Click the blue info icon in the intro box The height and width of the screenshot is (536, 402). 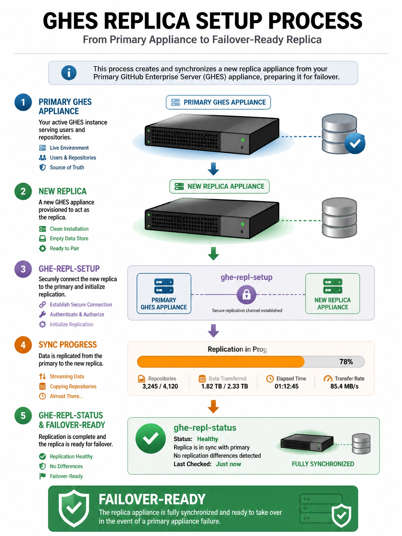click(x=69, y=72)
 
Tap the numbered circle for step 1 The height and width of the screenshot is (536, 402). click(x=23, y=102)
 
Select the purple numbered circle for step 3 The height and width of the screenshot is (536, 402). click(x=23, y=269)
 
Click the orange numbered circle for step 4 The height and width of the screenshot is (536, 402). click(x=23, y=345)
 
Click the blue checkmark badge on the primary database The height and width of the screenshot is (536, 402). click(x=355, y=143)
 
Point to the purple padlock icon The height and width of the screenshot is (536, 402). click(x=246, y=294)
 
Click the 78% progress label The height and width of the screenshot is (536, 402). click(x=346, y=362)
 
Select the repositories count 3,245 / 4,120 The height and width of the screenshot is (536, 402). click(x=160, y=386)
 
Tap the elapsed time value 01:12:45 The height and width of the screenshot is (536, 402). click(x=287, y=386)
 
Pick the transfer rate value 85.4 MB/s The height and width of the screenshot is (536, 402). click(x=344, y=386)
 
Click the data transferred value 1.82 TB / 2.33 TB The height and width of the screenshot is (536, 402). click(x=225, y=386)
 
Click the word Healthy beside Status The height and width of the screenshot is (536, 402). click(x=208, y=439)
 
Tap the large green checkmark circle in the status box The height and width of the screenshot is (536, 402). click(x=150, y=438)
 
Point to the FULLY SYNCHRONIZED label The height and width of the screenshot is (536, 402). click(x=323, y=464)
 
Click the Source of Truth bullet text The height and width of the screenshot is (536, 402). click(x=67, y=167)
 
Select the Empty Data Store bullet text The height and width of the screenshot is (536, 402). click(x=69, y=238)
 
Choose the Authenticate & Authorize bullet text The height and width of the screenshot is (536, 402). click(x=77, y=314)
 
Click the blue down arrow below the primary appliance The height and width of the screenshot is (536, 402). click(x=213, y=169)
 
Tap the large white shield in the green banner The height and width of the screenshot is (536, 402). click(x=74, y=508)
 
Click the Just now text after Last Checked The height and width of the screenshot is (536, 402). click(x=228, y=464)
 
